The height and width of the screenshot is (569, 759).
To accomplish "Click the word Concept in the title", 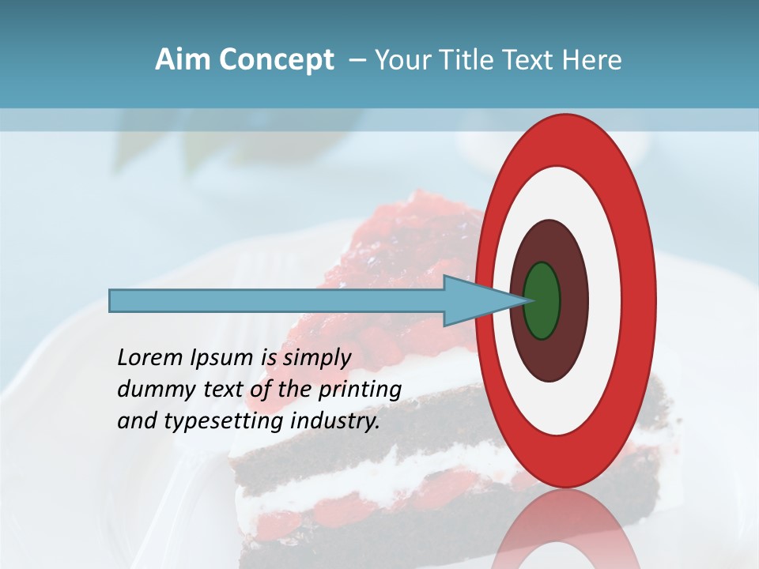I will [275, 60].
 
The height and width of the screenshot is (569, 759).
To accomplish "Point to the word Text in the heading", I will [527, 60].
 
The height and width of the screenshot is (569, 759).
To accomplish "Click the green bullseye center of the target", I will [542, 300].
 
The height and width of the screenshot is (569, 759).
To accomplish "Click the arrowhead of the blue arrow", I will [474, 300].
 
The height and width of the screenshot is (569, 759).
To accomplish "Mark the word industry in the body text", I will [335, 422].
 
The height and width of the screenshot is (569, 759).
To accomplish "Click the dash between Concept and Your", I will [357, 61].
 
